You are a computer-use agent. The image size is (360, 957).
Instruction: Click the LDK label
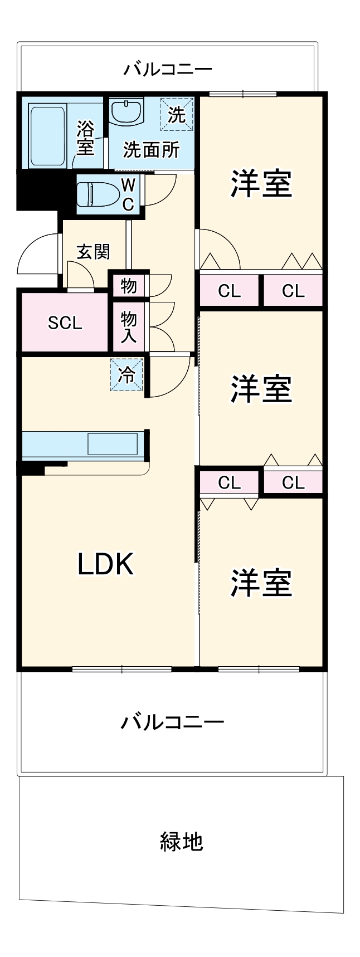105,564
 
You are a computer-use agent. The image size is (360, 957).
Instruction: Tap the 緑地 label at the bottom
181,841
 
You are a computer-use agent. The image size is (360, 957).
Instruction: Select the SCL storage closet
65,323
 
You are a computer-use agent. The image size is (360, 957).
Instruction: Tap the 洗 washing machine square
177,115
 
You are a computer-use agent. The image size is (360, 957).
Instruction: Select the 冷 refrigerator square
127,375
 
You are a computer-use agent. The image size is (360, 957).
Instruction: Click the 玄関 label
93,252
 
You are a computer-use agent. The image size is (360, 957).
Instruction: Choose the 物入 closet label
129,327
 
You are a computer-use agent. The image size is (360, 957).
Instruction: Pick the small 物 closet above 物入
129,286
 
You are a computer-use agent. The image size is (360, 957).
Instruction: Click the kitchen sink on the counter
112,445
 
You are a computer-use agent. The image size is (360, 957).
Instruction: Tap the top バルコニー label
168,70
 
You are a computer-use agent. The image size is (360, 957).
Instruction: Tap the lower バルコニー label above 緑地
172,722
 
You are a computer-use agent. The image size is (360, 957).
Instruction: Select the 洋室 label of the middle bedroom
261,389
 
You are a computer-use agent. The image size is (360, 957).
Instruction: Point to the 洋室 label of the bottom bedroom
261,582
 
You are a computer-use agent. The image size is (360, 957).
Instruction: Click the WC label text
128,194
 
